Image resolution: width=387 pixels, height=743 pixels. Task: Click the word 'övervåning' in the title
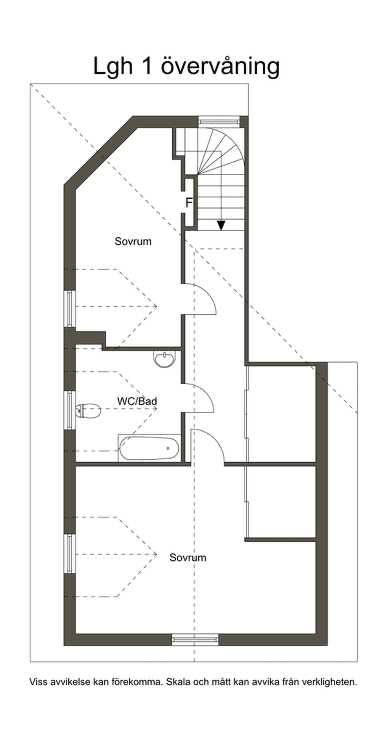point(220,66)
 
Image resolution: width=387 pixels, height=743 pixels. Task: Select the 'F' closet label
point(189,203)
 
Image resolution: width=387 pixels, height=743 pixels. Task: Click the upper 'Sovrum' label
point(133,241)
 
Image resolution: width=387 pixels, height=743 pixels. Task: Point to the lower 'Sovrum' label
point(188,558)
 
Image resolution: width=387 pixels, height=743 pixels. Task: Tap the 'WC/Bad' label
point(137,401)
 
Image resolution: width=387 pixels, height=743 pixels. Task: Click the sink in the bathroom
point(165,359)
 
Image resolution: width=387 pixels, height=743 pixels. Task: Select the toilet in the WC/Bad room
point(88,411)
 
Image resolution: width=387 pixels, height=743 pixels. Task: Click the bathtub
point(150,448)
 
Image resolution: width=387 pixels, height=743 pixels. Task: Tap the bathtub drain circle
point(168,448)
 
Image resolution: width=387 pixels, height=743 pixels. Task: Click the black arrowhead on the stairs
point(221,226)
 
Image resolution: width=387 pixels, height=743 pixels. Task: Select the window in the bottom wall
point(195,640)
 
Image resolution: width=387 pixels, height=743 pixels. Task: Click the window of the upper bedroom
point(70,308)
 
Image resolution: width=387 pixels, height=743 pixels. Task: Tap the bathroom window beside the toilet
point(70,410)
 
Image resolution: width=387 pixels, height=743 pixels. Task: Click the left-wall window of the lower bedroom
point(70,554)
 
